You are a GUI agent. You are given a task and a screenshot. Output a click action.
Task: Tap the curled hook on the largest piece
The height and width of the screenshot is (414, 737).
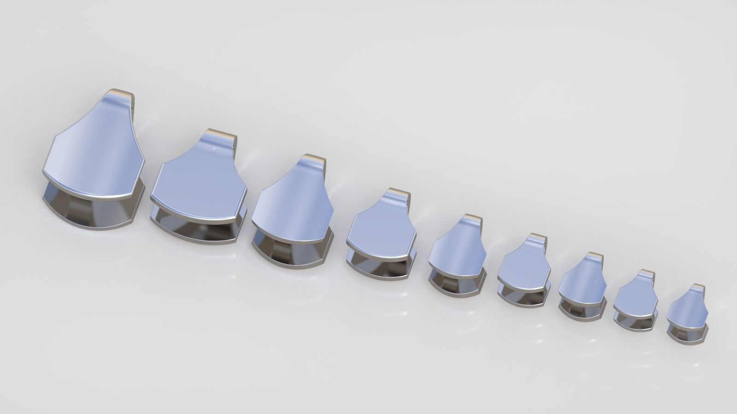tap(121, 98)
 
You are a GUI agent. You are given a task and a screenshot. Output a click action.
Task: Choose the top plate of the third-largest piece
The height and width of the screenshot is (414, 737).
tap(292, 202)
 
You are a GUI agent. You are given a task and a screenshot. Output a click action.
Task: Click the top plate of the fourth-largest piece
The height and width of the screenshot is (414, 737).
tap(380, 225)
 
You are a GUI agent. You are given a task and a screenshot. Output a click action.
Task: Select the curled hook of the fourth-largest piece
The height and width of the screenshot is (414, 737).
tap(397, 195)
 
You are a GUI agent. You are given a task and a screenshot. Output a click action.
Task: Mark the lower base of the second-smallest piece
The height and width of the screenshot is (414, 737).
tap(633, 322)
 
